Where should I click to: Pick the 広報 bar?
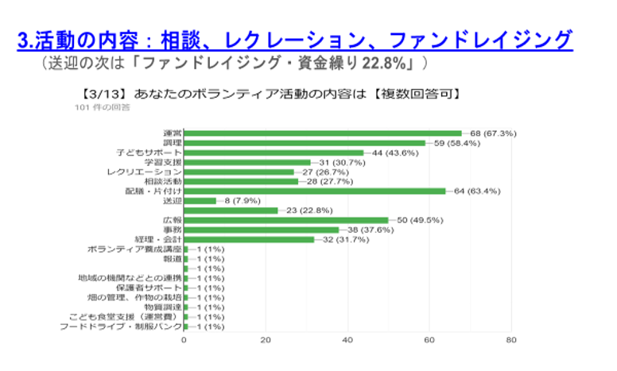[286, 220]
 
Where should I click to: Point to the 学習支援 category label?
[164, 162]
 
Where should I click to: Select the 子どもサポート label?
[149, 153]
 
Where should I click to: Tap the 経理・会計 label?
[158, 239]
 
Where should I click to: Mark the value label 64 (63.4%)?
[477, 191]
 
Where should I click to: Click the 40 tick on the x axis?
[347, 340]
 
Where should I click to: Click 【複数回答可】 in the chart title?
[417, 93]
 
